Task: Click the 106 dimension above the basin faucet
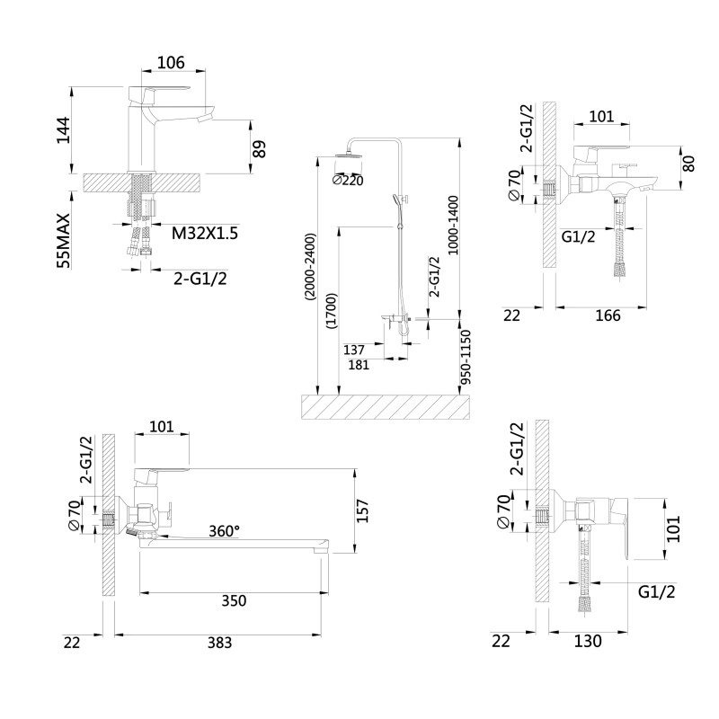point(171,62)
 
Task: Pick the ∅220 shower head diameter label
point(347,180)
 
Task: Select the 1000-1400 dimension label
point(453,226)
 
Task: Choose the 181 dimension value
point(357,365)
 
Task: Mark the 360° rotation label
point(224,530)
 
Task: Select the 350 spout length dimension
point(232,600)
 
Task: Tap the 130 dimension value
point(587,641)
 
